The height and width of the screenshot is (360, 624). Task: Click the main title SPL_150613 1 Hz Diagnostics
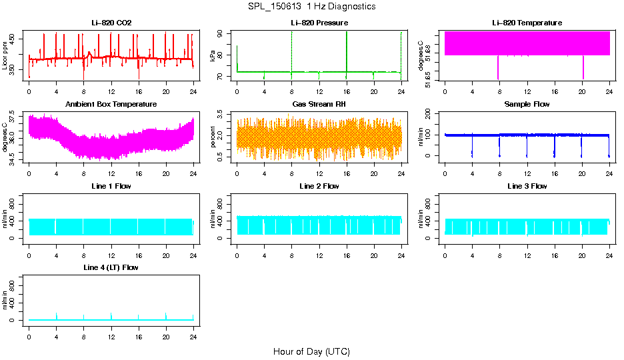click(x=311, y=7)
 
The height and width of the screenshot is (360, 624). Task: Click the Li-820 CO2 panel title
click(x=111, y=23)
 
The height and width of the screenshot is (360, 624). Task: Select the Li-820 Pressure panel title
click(x=319, y=23)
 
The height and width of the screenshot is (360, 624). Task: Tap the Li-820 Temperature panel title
click(x=527, y=23)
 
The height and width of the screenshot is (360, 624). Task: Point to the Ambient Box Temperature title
click(x=111, y=104)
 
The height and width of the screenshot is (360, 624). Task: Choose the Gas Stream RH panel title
click(x=319, y=104)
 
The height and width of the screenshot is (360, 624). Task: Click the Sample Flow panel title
click(x=527, y=104)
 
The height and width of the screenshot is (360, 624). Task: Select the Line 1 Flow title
click(x=111, y=186)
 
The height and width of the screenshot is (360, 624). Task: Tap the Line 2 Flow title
click(x=319, y=186)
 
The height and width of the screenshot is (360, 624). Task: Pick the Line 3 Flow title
click(x=527, y=186)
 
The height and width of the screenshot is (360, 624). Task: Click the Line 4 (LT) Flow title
click(x=111, y=267)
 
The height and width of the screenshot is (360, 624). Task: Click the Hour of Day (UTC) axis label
click(x=311, y=351)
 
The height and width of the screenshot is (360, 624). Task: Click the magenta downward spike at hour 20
click(x=583, y=67)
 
